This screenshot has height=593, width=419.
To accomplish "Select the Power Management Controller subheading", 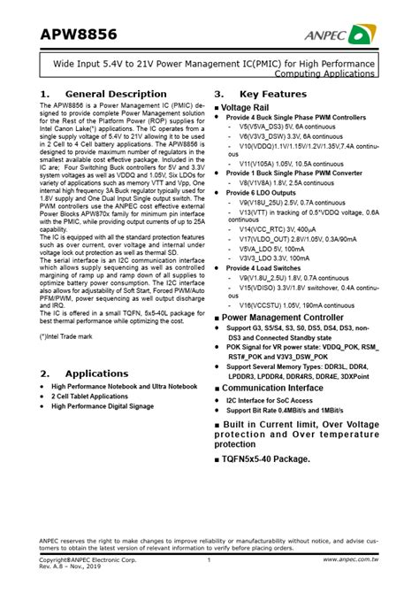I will pyautogui.click(x=294, y=316).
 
